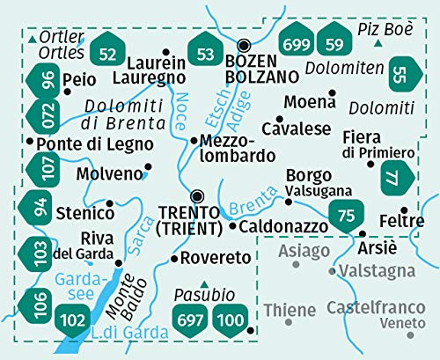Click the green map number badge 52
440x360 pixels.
109,55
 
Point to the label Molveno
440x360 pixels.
109,173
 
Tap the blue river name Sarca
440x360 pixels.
142,238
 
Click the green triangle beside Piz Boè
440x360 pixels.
377,42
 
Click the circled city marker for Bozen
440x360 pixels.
245,46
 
